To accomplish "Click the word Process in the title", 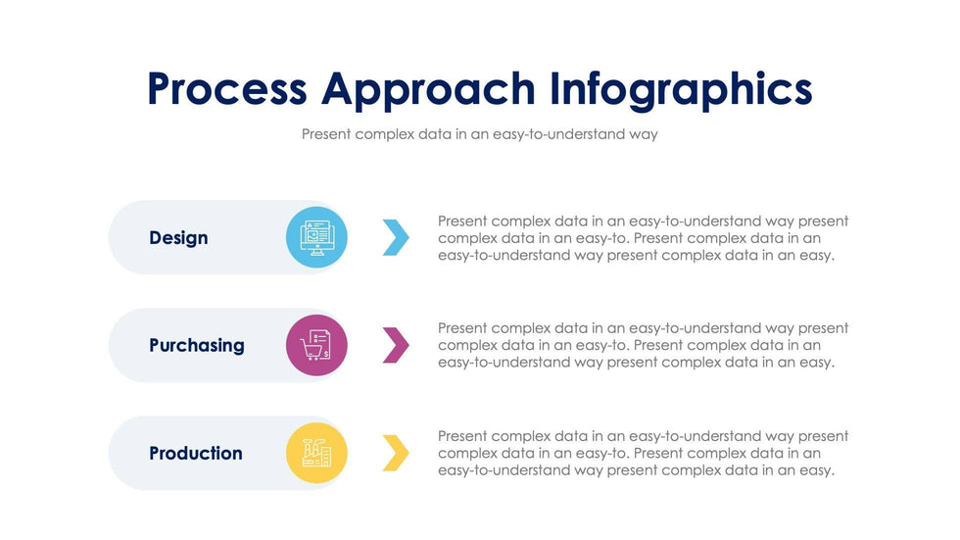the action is (x=226, y=89).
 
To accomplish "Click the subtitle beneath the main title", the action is (x=479, y=134).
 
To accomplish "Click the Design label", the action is (x=178, y=237).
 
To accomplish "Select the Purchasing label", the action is (x=197, y=345).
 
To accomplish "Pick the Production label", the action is (x=196, y=453).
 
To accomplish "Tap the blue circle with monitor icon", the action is (x=316, y=237).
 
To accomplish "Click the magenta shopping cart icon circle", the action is (x=316, y=345).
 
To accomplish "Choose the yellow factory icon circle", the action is (x=316, y=453).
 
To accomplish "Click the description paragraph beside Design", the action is (x=643, y=238).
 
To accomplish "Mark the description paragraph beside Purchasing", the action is (x=643, y=345).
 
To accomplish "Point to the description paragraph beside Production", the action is (x=643, y=453).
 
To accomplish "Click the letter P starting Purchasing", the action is (x=156, y=345).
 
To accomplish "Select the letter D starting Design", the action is (x=156, y=237).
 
